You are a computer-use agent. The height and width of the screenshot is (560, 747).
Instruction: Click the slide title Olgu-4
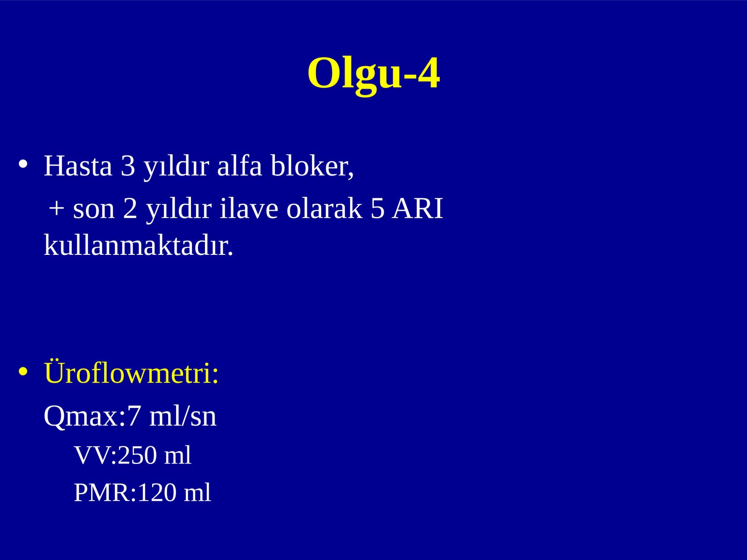[373, 74]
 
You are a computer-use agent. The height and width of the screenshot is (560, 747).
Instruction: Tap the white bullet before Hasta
[23, 164]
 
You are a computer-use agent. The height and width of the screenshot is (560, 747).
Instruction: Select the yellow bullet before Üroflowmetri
[23, 371]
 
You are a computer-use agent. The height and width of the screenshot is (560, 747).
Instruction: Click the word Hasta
[78, 166]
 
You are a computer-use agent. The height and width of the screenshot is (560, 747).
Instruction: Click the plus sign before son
[56, 208]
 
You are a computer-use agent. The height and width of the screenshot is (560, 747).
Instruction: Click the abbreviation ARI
[417, 208]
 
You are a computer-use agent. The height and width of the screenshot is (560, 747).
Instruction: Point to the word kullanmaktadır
[139, 245]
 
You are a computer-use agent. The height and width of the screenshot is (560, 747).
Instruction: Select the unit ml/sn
[183, 416]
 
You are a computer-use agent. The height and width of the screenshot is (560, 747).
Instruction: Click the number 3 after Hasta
[128, 166]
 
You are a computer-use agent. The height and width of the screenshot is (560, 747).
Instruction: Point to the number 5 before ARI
[377, 209]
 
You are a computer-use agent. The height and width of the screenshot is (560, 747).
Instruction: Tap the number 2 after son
[130, 208]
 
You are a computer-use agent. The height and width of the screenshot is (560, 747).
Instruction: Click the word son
[93, 210]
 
